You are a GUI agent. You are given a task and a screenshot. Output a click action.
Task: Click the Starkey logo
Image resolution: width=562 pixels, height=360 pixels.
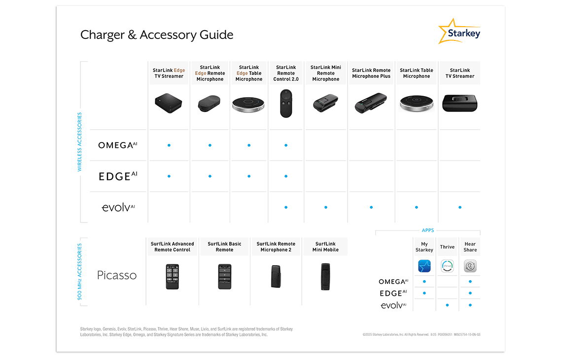tap(459, 32)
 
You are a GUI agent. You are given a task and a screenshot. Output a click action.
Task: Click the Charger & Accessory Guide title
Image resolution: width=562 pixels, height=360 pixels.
tap(157, 35)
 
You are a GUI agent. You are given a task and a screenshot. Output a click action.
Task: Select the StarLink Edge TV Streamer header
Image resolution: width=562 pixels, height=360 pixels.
tap(169, 73)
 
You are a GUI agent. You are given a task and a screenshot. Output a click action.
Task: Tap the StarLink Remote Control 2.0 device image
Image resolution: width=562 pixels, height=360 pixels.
tap(286, 103)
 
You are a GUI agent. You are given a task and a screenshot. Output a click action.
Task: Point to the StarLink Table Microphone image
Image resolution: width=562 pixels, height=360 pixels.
tap(417, 104)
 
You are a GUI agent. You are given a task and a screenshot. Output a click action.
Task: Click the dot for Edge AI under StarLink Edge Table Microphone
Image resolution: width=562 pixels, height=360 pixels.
tap(249, 176)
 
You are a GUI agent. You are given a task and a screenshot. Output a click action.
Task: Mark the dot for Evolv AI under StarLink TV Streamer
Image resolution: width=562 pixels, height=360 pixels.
tap(460, 207)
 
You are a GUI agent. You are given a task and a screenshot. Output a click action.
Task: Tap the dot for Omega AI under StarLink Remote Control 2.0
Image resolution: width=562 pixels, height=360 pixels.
tap(286, 145)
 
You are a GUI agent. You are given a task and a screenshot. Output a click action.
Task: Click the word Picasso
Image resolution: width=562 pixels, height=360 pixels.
tap(117, 275)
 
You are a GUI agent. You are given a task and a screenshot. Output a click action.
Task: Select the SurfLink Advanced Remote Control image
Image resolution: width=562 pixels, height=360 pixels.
tap(172, 277)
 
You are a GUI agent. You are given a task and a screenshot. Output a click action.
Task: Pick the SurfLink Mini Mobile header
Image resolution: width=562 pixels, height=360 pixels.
tap(325, 247)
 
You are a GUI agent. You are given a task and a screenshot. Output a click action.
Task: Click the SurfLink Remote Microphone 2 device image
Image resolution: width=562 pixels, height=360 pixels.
tap(276, 277)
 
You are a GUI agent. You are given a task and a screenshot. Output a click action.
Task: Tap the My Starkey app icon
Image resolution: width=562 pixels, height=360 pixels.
tap(424, 267)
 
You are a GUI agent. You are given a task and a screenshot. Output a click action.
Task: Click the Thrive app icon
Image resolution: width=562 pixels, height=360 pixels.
tap(447, 266)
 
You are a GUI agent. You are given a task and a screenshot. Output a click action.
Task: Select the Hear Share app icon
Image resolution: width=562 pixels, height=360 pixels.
tap(470, 267)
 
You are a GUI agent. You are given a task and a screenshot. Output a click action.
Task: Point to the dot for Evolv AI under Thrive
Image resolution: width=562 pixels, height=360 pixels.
tap(447, 305)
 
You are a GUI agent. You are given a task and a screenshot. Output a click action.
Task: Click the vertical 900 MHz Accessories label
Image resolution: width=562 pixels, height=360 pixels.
tap(80, 272)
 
